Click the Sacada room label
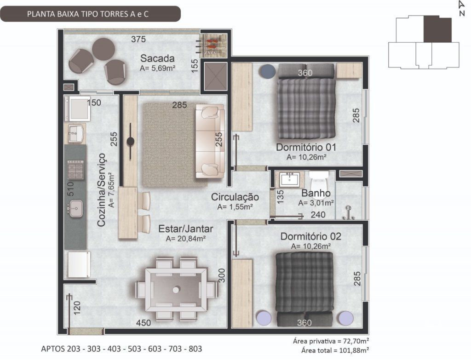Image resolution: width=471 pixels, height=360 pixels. pos(157,58)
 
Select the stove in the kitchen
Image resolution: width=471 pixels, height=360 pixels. pos(75,170)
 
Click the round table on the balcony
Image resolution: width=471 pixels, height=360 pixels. pos(103,49)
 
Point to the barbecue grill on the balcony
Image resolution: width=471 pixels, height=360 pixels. pos(213,46)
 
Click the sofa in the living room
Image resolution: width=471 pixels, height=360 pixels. pos(210,141)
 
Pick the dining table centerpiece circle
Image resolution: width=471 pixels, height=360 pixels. pos(176,290)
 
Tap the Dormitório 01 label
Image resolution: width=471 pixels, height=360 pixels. pos(306,148)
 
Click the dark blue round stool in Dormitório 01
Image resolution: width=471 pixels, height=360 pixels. pos(268,71)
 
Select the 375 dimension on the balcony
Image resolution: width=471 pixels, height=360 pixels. pos(138,39)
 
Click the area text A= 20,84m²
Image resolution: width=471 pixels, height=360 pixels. pos(186,239)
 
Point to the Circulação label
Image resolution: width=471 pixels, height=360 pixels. pos(235,197)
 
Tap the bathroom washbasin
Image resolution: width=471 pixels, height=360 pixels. pos(290,180)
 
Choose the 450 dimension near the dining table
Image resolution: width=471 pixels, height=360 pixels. pos(144,323)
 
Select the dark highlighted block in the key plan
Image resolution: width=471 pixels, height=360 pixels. pos(437,29)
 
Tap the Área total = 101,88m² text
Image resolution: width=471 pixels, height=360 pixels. pos(335,350)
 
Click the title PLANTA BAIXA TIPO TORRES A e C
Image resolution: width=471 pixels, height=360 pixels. pos(88,14)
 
